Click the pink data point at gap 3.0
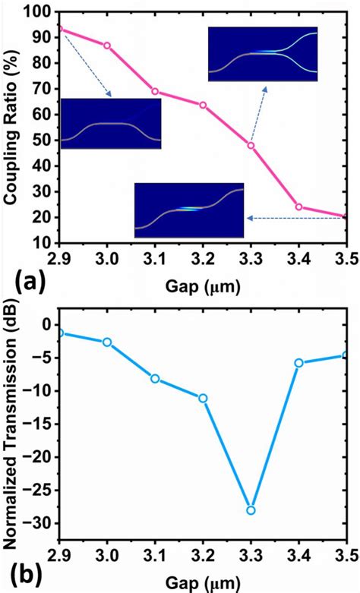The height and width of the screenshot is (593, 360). coord(107,46)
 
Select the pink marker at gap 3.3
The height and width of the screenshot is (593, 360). coord(251,145)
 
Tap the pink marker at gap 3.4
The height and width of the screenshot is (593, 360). coord(298,207)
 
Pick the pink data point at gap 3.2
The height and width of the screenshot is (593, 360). coord(203,105)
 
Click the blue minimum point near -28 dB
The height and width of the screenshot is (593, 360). coord(251,509)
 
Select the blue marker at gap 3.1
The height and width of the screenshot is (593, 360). coord(155,378)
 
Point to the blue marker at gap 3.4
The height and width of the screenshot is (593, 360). coord(298,363)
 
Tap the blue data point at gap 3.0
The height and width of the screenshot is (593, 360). coord(107,342)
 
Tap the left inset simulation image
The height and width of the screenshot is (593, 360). coord(110,124)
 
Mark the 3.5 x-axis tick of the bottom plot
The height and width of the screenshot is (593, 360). coord(346,559)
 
